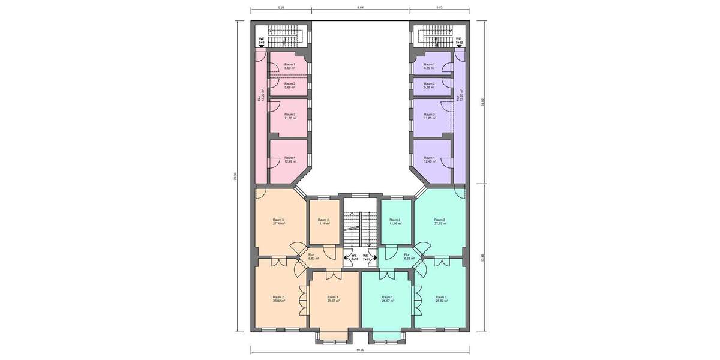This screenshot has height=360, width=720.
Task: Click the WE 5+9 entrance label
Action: (x=261, y=41)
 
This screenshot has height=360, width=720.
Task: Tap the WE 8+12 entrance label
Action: (x=459, y=41)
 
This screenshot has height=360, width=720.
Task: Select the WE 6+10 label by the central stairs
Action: (x=354, y=257)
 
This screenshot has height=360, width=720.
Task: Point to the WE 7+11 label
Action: (x=366, y=257)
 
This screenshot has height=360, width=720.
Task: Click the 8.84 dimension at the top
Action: (x=360, y=8)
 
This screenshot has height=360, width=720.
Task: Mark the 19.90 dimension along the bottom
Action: (x=360, y=349)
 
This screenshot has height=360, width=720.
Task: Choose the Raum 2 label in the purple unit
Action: (x=429, y=85)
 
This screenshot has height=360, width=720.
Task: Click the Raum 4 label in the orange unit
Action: (x=323, y=221)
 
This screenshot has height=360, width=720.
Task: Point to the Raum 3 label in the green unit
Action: (x=440, y=221)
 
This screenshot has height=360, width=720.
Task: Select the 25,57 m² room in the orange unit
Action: (x=333, y=299)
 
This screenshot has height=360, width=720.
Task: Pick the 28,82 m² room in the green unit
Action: (x=441, y=299)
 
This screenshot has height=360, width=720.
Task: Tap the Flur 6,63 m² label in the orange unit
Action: (x=313, y=256)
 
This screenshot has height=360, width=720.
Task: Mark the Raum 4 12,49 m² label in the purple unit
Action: (x=429, y=160)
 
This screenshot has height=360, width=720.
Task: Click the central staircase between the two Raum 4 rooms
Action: (x=360, y=228)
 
